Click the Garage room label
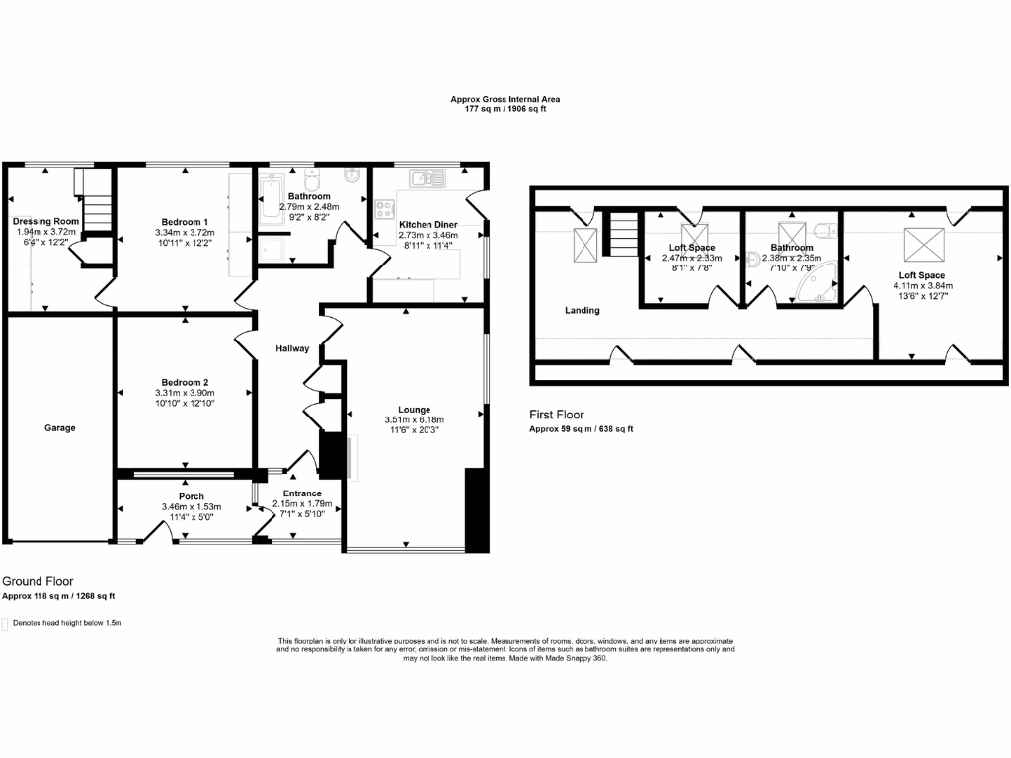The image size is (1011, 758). point(59,428)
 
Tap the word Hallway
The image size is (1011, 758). point(292,348)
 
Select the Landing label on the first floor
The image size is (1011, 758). point(582,310)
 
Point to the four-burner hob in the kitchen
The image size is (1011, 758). point(384,209)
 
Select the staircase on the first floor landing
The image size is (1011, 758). point(620,236)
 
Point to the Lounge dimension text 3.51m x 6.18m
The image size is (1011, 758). point(414,419)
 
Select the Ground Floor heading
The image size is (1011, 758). point(37,582)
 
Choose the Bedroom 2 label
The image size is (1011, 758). point(185,382)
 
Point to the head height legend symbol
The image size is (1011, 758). point(5,624)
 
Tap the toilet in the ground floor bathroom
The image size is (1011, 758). point(312,185)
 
